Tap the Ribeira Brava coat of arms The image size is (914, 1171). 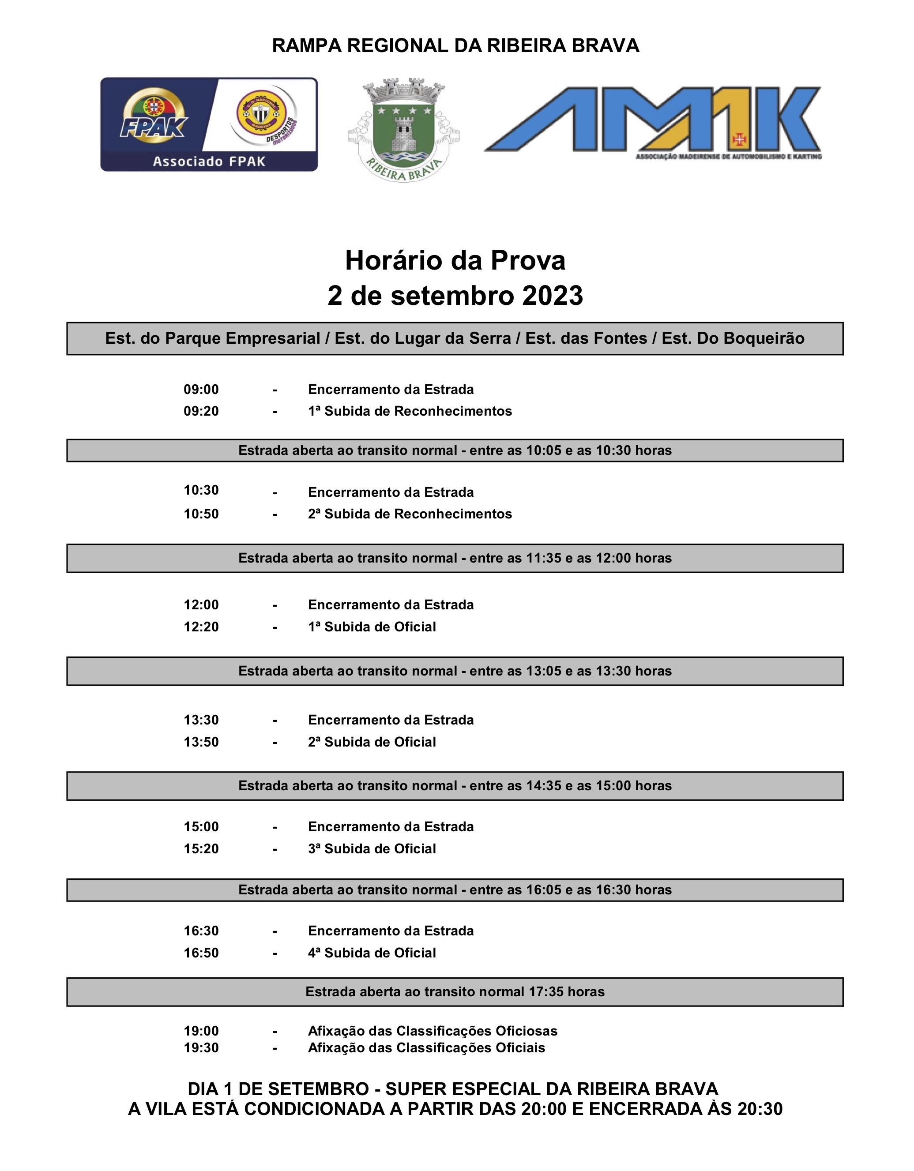tap(403, 130)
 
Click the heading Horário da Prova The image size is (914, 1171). tap(455, 261)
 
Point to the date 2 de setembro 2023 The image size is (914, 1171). tap(455, 296)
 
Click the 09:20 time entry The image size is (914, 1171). tap(201, 411)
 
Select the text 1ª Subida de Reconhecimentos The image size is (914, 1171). tap(410, 411)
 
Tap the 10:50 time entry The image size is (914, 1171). tap(201, 514)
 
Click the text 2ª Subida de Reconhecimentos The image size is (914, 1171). tap(410, 514)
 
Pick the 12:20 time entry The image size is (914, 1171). tap(201, 627)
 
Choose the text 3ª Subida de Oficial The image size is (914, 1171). tap(372, 849)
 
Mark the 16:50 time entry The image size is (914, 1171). tap(201, 953)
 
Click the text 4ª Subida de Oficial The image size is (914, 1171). tap(372, 953)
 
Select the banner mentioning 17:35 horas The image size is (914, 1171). tap(455, 992)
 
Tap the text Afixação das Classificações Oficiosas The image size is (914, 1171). tap(433, 1031)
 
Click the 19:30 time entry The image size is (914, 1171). tap(201, 1048)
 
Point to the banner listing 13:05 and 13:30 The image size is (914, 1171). tap(455, 671)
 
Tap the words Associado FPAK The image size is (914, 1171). tap(209, 161)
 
